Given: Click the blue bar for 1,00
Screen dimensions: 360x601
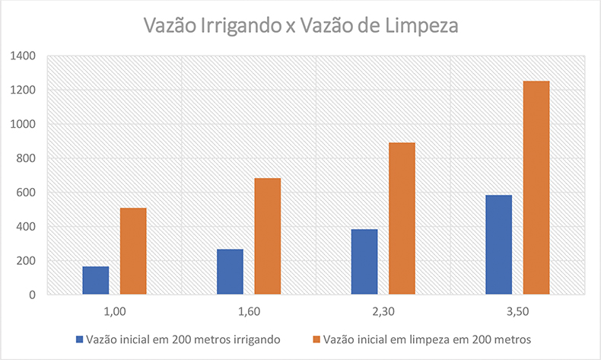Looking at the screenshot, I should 96,280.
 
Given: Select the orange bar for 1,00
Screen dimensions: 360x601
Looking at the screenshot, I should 133,251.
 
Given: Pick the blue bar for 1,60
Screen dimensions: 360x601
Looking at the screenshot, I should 230,272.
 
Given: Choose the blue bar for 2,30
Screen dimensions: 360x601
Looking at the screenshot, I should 364,262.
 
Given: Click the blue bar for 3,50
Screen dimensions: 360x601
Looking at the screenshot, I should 498,245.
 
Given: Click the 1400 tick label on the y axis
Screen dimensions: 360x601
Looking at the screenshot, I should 24,56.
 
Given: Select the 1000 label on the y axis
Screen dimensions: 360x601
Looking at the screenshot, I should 24,125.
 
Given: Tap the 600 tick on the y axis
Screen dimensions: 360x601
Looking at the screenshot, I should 27,193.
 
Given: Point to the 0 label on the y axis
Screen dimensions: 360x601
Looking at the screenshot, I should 33,295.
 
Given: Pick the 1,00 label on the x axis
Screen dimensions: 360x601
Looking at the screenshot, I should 114,311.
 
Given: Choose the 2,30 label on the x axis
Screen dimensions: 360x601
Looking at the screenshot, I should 383,311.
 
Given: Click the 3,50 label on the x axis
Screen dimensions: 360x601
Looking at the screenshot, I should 517,311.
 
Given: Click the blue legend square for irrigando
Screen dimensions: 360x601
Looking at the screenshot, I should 79,339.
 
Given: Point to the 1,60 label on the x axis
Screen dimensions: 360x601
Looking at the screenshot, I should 249,311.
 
